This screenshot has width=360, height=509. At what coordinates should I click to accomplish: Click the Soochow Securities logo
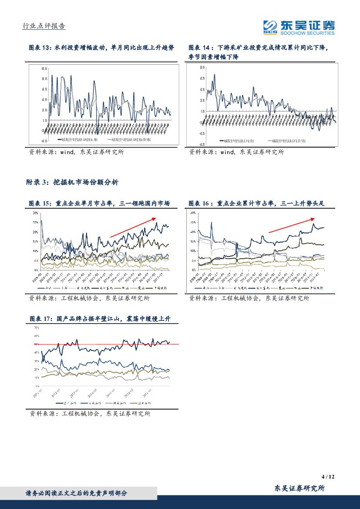click(299, 27)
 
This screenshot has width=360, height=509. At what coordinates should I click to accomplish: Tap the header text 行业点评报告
click(44, 26)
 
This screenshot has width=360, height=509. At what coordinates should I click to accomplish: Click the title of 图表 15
click(98, 203)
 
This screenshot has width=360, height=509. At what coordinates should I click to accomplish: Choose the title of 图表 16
click(257, 203)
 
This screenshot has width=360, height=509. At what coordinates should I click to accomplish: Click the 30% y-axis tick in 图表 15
click(35, 213)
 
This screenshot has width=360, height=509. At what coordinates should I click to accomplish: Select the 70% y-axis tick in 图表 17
click(37, 327)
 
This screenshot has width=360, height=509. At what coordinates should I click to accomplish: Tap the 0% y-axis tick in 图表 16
click(193, 270)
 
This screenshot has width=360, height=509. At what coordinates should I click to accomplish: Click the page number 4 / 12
click(328, 476)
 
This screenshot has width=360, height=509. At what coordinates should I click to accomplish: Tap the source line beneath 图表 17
click(89, 414)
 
